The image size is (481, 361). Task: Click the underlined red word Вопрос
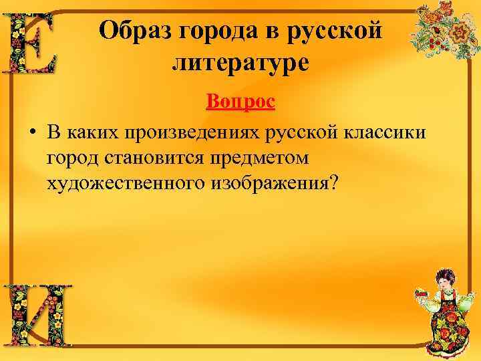pyautogui.click(x=240, y=102)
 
